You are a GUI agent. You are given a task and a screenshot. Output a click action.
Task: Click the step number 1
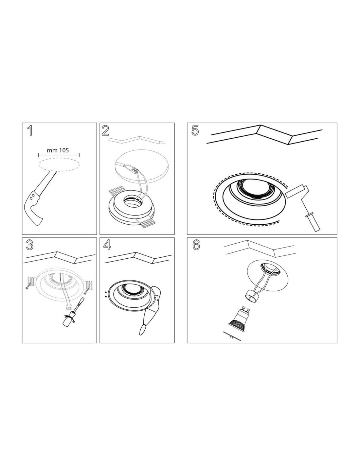tap(30, 130)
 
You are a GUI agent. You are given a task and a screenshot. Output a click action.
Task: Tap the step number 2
tap(105, 130)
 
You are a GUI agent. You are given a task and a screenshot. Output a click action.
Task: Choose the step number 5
tap(195, 130)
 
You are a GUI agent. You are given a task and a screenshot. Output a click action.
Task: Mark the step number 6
tap(196, 245)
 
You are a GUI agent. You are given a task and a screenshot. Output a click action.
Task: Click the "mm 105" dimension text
tap(58, 150)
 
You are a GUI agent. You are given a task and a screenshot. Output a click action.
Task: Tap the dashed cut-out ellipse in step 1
tap(59, 164)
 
